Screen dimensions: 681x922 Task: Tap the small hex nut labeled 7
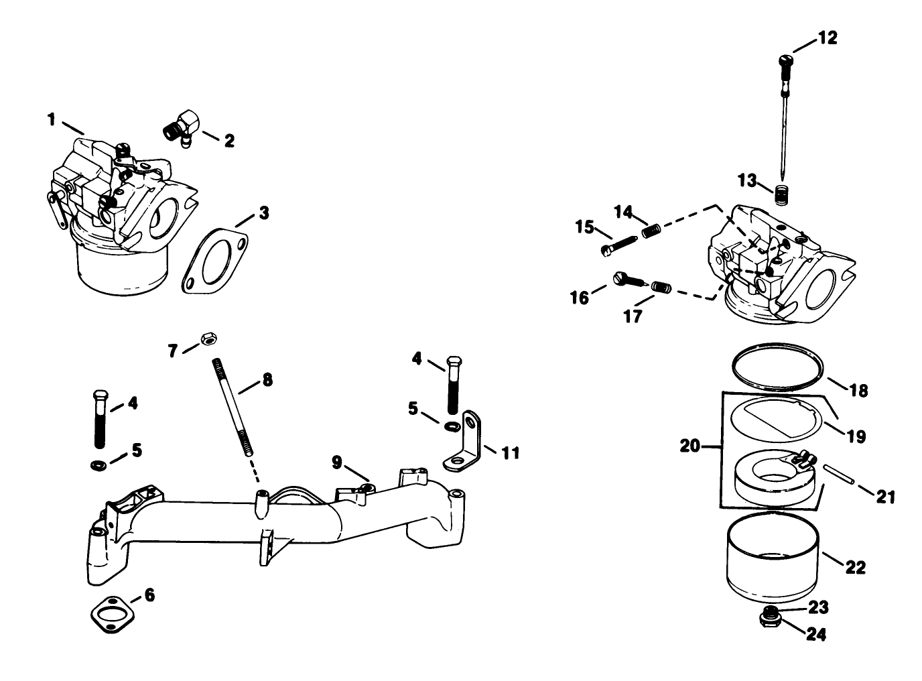click(208, 340)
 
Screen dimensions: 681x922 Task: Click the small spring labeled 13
click(779, 195)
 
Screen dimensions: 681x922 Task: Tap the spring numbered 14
click(652, 231)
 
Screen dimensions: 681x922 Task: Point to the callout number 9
click(336, 462)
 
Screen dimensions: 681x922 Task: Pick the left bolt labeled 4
click(100, 419)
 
